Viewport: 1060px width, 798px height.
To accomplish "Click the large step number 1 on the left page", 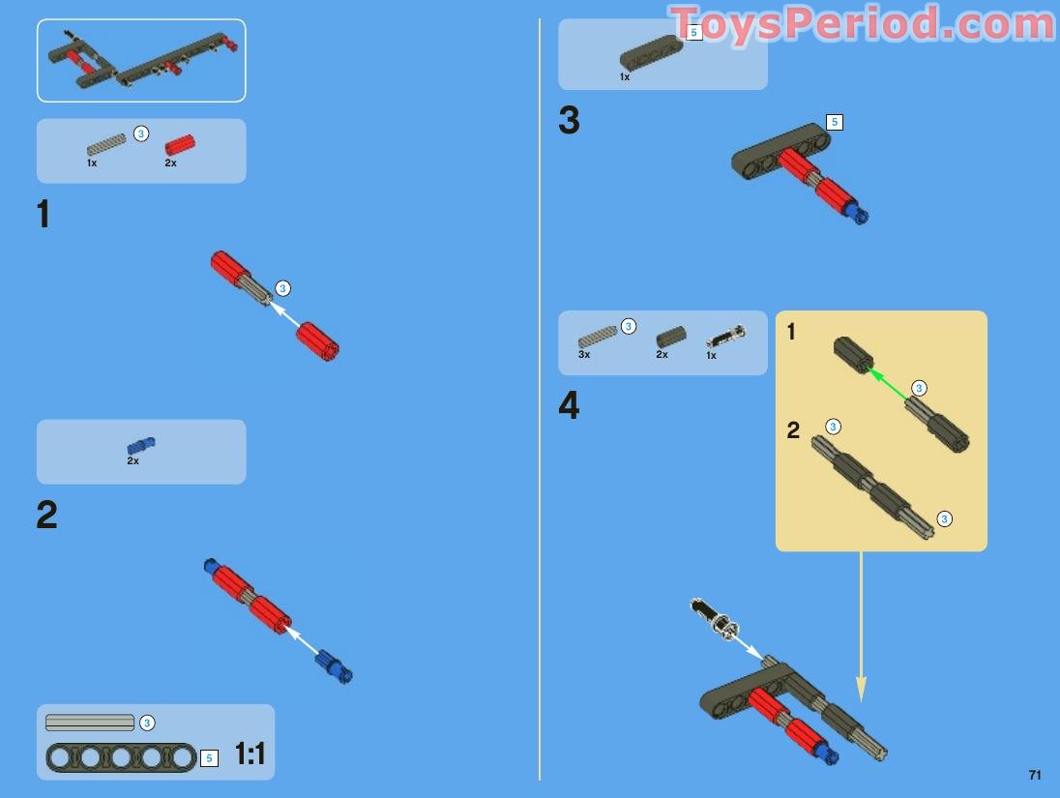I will coord(43,215).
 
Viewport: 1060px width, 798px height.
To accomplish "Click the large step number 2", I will coord(46,516).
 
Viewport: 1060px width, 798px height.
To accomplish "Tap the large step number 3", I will coord(569,121).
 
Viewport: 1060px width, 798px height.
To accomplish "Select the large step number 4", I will coord(569,406).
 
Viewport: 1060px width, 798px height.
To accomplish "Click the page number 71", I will coord(1035,775).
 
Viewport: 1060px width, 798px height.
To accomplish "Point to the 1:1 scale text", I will coord(250,754).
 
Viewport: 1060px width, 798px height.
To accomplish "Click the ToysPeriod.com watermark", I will coord(861,24).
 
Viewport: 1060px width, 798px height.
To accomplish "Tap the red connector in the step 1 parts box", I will coord(179,145).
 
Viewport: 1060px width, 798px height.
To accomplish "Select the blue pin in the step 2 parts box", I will coord(141,446).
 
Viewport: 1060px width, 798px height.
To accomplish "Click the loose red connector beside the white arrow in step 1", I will coord(317,340).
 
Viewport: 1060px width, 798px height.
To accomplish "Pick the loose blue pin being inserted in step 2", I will coord(334,667).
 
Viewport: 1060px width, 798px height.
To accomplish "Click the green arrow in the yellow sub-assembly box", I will coord(888,383).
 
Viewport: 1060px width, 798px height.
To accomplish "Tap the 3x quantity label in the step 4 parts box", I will coord(584,355).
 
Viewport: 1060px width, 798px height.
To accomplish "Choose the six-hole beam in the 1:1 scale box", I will coord(121,757).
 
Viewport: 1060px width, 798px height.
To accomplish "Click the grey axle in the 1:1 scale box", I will coord(90,723).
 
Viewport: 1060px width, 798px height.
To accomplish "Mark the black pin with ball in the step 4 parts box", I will coord(725,337).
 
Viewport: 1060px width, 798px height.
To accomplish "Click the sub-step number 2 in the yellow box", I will coord(793,430).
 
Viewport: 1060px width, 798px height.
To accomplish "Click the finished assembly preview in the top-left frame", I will coord(141,60).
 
